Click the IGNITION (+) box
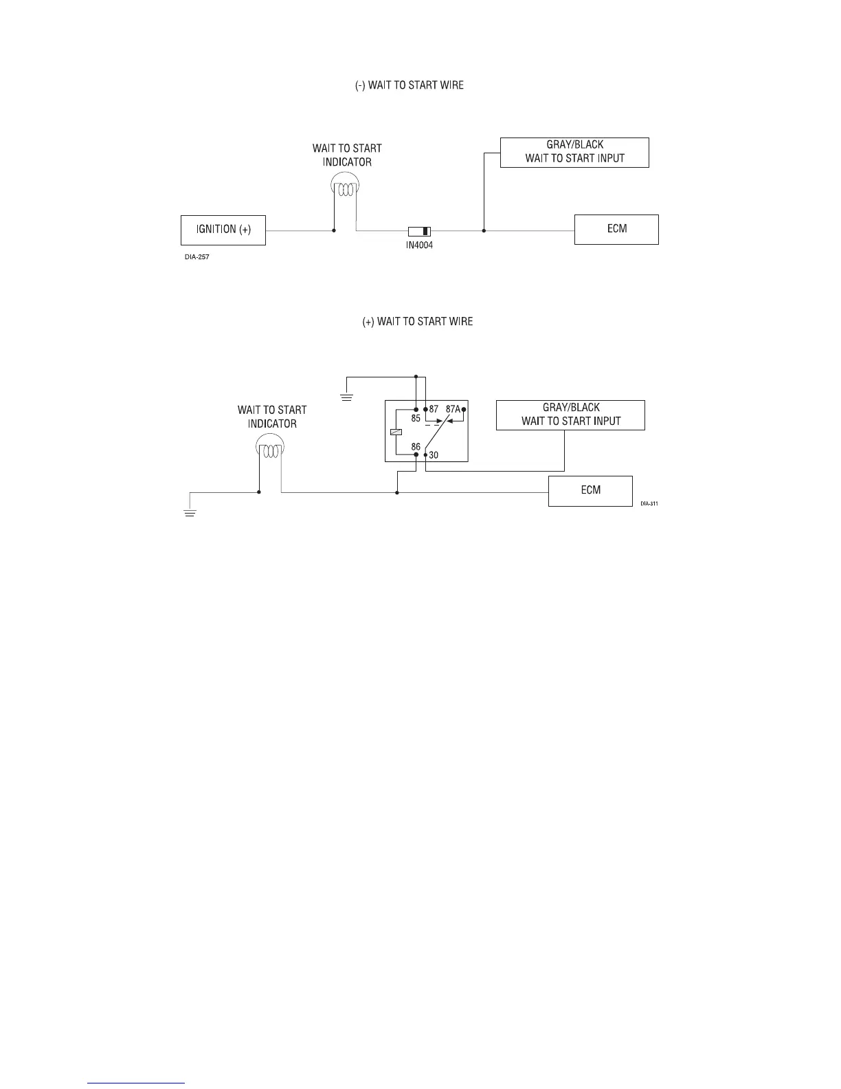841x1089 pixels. [x=223, y=230]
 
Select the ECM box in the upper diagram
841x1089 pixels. [x=616, y=230]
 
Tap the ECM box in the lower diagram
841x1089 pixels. [x=590, y=491]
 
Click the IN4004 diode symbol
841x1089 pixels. [x=419, y=231]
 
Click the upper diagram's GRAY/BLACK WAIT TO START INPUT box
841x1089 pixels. [x=574, y=152]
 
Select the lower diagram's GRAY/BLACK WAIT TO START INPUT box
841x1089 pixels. [x=570, y=415]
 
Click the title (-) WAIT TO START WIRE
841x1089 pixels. [x=409, y=85]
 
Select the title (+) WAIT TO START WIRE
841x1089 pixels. [x=417, y=322]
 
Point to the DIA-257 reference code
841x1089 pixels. [x=197, y=257]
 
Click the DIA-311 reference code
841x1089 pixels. [x=649, y=504]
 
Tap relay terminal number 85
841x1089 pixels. [x=416, y=417]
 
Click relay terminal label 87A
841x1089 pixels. [x=453, y=409]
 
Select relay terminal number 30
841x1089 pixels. [x=434, y=455]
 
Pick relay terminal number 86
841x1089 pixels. [x=416, y=447]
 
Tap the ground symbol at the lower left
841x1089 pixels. [x=190, y=511]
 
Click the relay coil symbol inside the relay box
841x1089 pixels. [x=394, y=432]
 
